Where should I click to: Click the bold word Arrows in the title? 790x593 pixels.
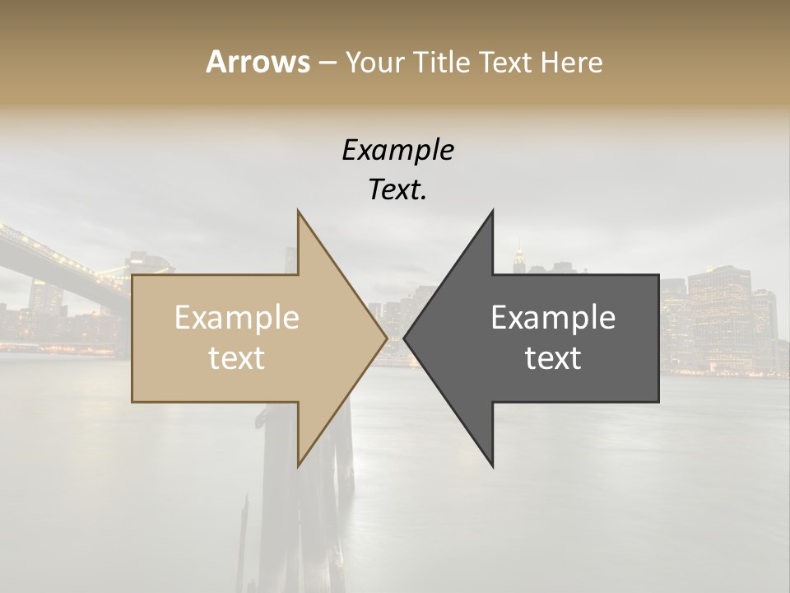(x=258, y=62)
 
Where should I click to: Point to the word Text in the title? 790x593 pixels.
(x=508, y=63)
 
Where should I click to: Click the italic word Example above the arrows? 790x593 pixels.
(x=397, y=151)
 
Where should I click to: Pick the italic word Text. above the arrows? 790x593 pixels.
(x=397, y=190)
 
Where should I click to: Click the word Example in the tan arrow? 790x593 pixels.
(x=237, y=318)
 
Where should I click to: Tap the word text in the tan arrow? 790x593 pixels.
(x=237, y=358)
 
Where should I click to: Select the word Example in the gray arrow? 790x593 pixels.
(x=553, y=318)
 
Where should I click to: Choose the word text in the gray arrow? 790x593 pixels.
(x=553, y=358)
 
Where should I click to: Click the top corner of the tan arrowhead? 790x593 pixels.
(x=299, y=212)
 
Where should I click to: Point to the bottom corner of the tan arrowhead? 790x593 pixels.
(x=299, y=465)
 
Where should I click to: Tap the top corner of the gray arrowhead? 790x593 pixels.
(x=492, y=212)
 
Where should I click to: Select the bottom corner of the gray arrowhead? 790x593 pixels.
(x=492, y=465)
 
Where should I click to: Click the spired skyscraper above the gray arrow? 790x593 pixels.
(x=518, y=257)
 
